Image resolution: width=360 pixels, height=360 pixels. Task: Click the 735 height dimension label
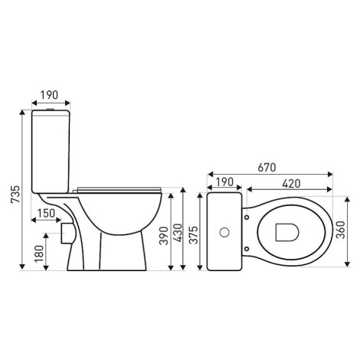pos(15,195)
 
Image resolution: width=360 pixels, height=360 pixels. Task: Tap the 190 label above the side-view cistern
pos(49,95)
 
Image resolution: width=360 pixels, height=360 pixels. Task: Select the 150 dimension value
pos(47,213)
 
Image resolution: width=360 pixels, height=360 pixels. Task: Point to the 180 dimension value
pos(39,254)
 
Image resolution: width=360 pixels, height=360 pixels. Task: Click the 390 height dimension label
pos(164,236)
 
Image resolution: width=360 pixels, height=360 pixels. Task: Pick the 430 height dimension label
pos(178,233)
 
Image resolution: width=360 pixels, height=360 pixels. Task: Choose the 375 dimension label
pos(195,235)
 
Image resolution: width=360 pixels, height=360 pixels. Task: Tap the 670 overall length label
pos(267,168)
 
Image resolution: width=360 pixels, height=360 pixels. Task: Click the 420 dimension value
pos(292,183)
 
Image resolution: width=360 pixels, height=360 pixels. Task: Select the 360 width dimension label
pos(340,230)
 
